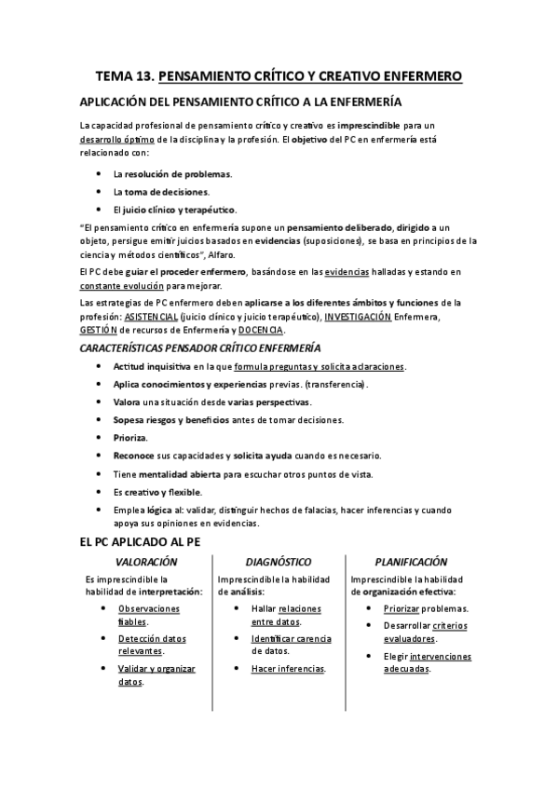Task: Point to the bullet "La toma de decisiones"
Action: [x=160, y=191]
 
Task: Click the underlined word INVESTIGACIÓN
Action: [x=358, y=318]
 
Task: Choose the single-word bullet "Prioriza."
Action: [x=132, y=438]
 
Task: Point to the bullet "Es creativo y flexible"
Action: [x=157, y=491]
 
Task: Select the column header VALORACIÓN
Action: [x=146, y=562]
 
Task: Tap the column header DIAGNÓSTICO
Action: [x=279, y=562]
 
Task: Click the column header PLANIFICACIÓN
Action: [x=411, y=562]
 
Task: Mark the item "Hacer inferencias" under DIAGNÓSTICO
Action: [x=288, y=668]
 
